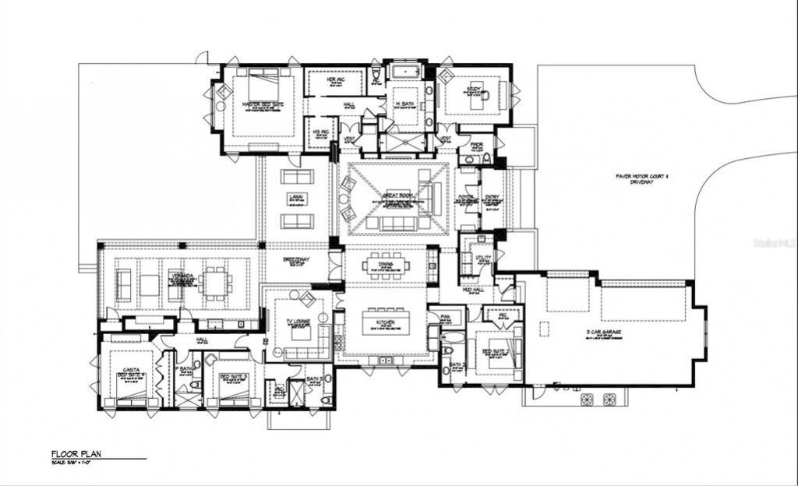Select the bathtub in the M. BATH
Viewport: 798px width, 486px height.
[x=404, y=73]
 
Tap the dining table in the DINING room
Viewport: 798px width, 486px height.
[x=384, y=266]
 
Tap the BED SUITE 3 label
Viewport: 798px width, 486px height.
[x=233, y=376]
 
